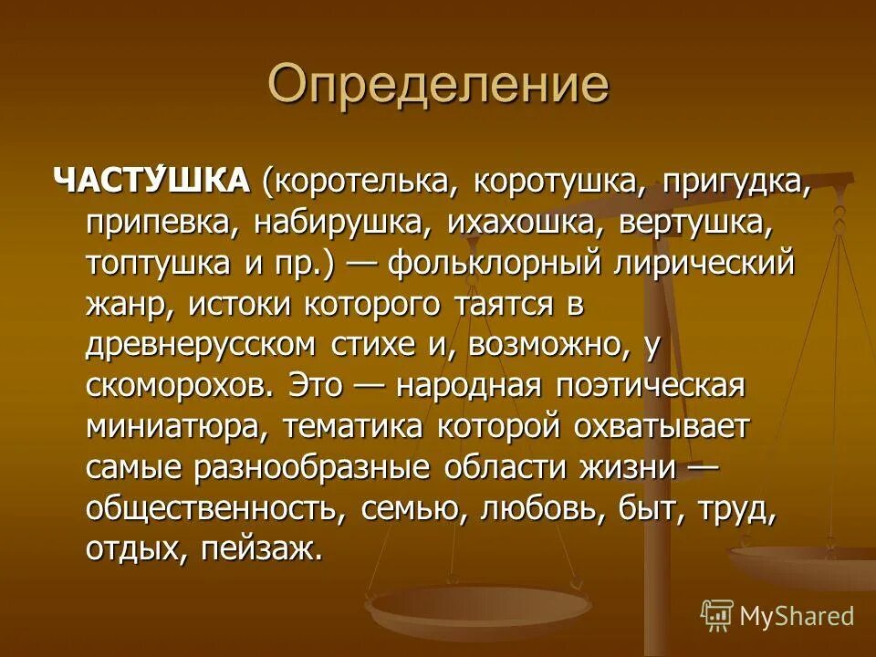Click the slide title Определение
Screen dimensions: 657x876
click(x=438, y=85)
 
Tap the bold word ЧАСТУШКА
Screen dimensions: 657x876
click(x=152, y=181)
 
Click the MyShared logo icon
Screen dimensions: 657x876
click(x=717, y=615)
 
